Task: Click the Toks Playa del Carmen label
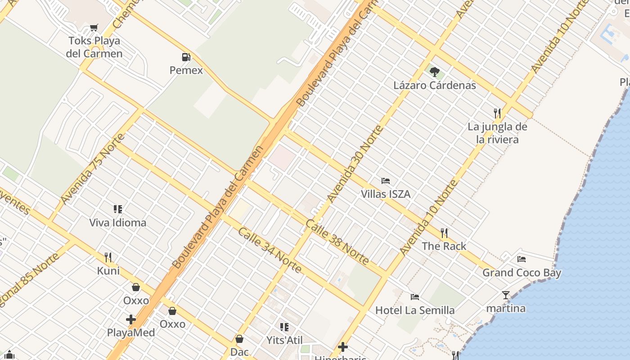[x=94, y=47]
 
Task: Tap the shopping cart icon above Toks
[x=94, y=28]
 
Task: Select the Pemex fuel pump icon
[x=186, y=57]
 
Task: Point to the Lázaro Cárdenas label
[x=434, y=85]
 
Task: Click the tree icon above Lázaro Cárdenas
[x=434, y=72]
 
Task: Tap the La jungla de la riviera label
[x=497, y=133]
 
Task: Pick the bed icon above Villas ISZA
[x=386, y=181]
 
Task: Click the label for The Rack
[x=444, y=246]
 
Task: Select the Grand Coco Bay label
[x=522, y=272]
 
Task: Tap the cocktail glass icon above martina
[x=506, y=295]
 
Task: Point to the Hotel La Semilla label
[x=415, y=310]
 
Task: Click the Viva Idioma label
[x=117, y=222]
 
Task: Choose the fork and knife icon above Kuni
[x=108, y=257]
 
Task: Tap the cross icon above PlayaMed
[x=131, y=319]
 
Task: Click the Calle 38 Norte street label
[x=337, y=242]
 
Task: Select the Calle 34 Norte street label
[x=270, y=250]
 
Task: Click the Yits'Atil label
[x=284, y=340]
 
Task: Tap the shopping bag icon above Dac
[x=239, y=338]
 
